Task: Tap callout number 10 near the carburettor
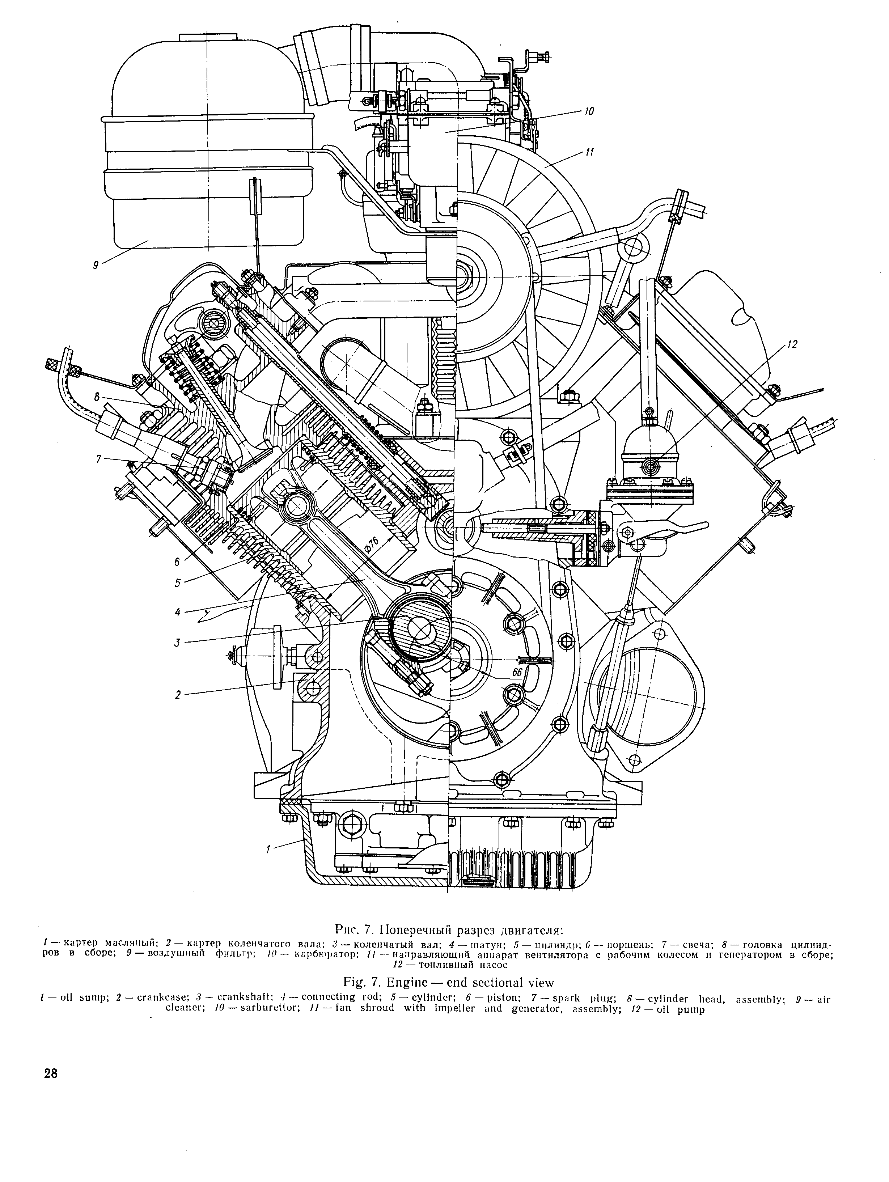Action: pyautogui.click(x=589, y=112)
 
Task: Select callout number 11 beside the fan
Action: pyautogui.click(x=589, y=152)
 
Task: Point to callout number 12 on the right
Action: pyautogui.click(x=792, y=345)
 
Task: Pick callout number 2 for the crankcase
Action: pyautogui.click(x=178, y=695)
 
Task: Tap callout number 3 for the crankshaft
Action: pyautogui.click(x=177, y=643)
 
